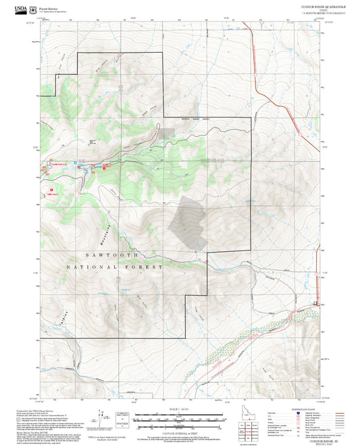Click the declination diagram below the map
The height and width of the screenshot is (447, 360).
[x=101, y=419]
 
